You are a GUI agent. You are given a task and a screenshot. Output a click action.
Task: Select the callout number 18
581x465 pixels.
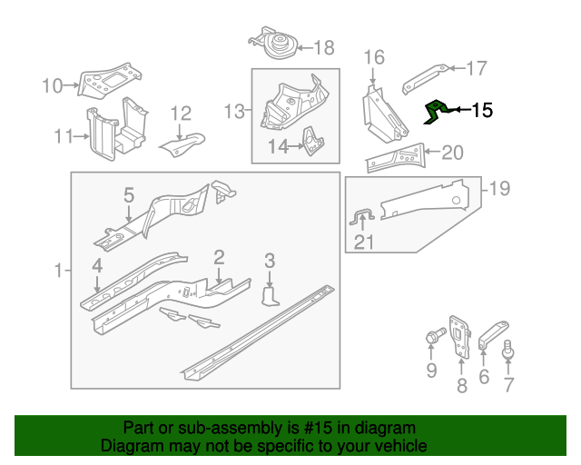click(x=323, y=48)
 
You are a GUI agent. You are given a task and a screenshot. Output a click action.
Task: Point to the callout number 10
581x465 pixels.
click(x=53, y=86)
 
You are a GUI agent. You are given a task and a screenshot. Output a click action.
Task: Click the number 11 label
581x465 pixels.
click(x=63, y=137)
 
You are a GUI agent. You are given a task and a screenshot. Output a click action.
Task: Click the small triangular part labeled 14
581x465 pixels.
click(x=312, y=141)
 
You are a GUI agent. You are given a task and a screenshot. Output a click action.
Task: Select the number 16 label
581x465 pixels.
click(x=375, y=58)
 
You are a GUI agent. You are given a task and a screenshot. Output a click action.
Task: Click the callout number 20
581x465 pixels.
click(x=452, y=153)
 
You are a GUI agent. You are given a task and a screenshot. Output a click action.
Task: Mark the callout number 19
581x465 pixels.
click(x=499, y=189)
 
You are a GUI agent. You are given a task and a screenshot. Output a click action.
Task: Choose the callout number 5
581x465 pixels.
click(x=129, y=194)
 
